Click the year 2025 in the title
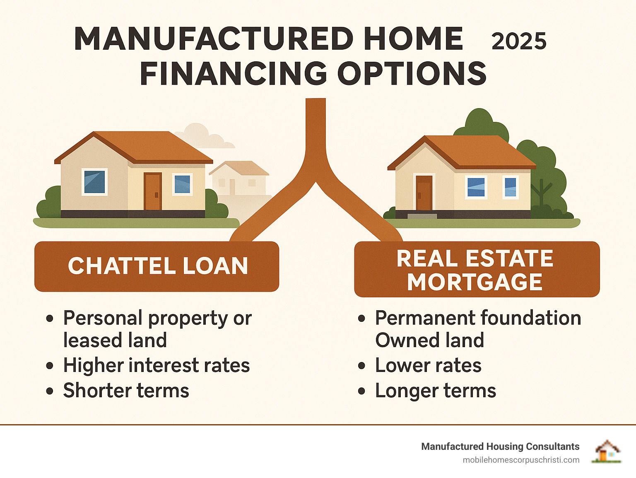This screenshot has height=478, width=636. click(x=519, y=41)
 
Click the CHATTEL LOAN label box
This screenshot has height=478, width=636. click(x=157, y=266)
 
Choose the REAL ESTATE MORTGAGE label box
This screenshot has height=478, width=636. click(x=477, y=269)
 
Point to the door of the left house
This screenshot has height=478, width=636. click(x=153, y=191)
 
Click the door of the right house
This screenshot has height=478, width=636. click(x=424, y=193)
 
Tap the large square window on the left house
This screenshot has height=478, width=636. click(x=94, y=182)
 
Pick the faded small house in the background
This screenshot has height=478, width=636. click(x=239, y=178)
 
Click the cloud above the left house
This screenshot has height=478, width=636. click(x=204, y=136)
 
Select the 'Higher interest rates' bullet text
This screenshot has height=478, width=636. click(x=157, y=365)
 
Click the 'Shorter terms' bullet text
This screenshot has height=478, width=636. click(x=126, y=391)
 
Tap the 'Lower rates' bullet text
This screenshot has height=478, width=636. click(x=428, y=365)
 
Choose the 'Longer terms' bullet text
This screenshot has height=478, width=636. click(x=436, y=391)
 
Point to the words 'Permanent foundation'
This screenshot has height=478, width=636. click(x=478, y=318)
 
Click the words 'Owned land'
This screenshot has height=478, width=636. click(x=430, y=340)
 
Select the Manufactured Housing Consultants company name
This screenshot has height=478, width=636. click(x=501, y=447)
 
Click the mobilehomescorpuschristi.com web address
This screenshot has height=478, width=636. click(x=521, y=460)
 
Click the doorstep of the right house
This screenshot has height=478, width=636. click(x=422, y=216)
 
